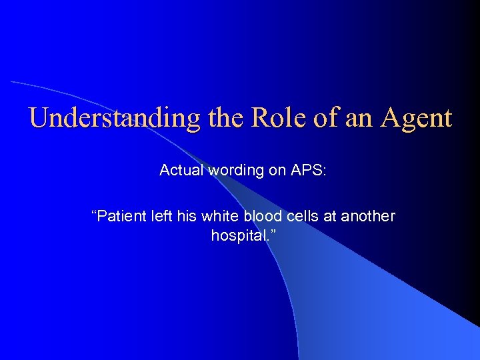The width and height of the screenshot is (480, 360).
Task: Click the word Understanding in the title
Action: coord(114,118)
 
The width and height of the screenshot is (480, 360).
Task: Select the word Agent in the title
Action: coord(417,118)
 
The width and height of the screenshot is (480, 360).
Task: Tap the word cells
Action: coord(297,216)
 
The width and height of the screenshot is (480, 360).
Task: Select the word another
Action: coord(369,216)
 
